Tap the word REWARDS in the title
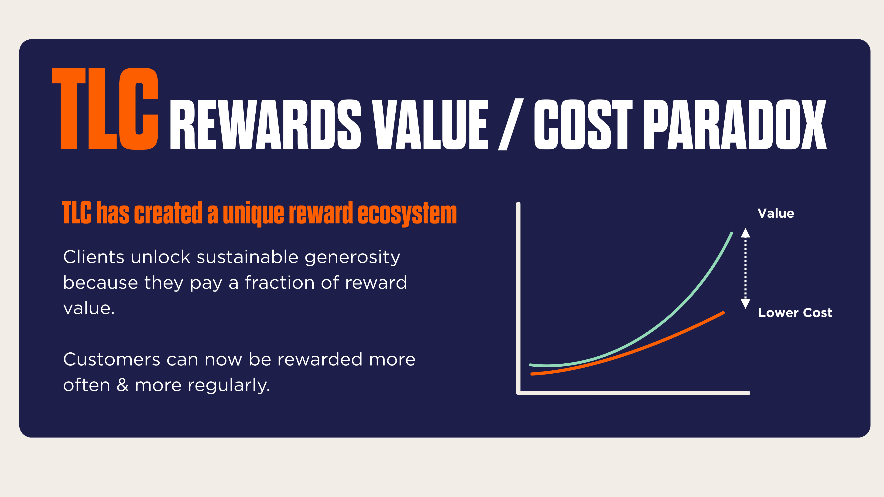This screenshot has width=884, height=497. click(265, 125)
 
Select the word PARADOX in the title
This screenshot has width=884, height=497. click(735, 125)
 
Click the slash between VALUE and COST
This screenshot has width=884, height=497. click(510, 125)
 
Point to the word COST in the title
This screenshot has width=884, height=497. click(583, 125)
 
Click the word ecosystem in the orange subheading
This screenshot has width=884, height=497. click(407, 213)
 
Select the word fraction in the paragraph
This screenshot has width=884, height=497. click(280, 283)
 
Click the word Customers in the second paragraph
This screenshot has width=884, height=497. click(112, 360)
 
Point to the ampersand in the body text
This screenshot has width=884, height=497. click(123, 385)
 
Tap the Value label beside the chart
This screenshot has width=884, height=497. click(776, 214)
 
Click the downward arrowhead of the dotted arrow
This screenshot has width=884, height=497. click(745, 304)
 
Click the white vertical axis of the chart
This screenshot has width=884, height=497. click(518, 295)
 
